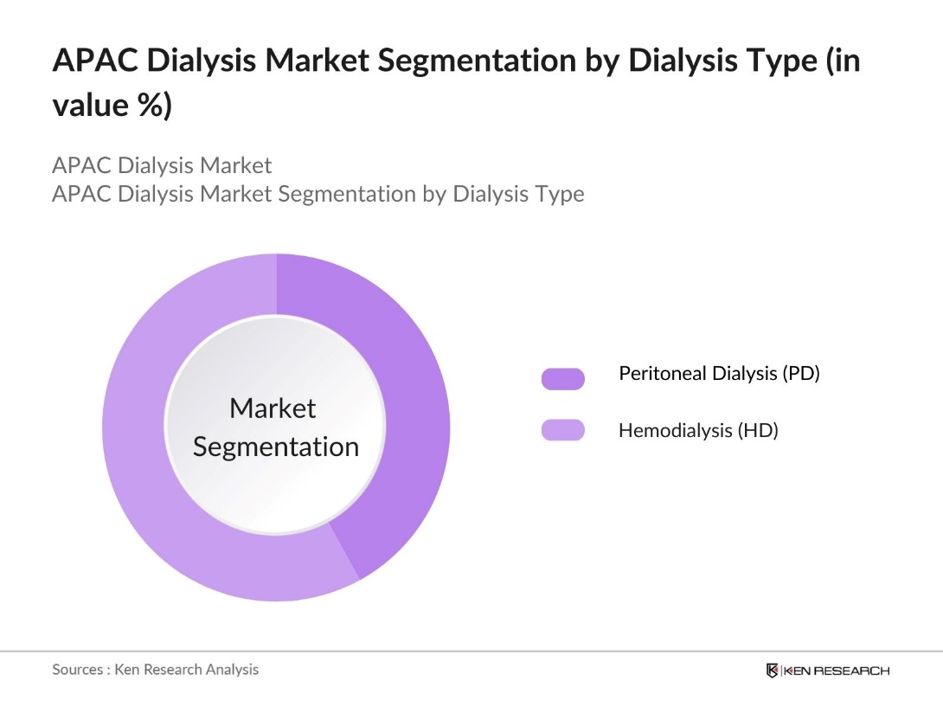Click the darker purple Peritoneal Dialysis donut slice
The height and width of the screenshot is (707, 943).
407,407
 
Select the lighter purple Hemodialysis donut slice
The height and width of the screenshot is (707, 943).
147,450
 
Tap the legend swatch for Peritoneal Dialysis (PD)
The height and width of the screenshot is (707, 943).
562,378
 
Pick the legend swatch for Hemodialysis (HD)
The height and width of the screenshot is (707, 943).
562,430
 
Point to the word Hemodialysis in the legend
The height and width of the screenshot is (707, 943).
674,430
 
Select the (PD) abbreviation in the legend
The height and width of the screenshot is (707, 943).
800,374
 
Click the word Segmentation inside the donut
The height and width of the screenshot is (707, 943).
275,447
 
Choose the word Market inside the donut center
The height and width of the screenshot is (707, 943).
273,408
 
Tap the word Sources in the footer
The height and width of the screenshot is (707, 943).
77,669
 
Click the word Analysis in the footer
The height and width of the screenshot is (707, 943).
232,669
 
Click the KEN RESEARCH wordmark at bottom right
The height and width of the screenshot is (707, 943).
837,671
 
